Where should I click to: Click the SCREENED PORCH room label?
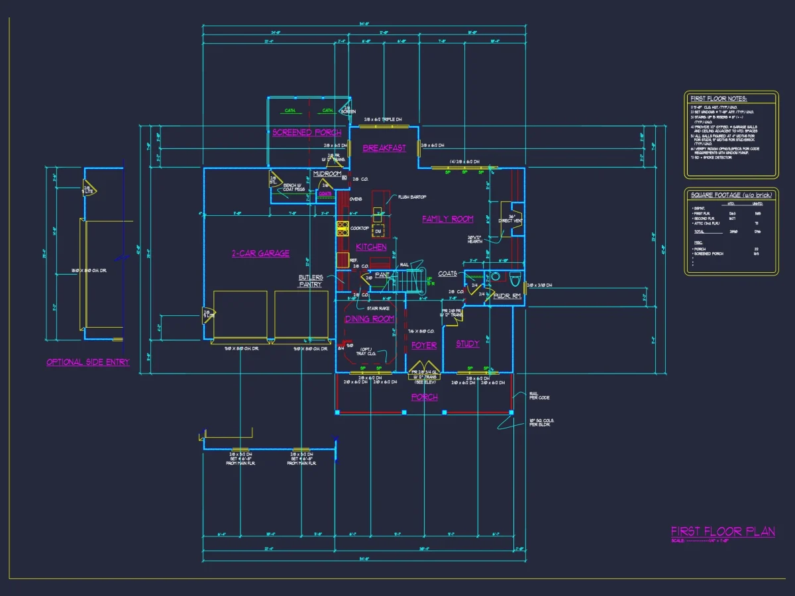pyautogui.click(x=307, y=132)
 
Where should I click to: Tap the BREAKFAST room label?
pyautogui.click(x=384, y=148)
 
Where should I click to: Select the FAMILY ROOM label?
pyautogui.click(x=448, y=219)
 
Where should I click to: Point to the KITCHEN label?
pyautogui.click(x=371, y=247)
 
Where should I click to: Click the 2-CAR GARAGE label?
pyautogui.click(x=260, y=254)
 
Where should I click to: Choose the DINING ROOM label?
pyautogui.click(x=369, y=319)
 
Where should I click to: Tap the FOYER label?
pyautogui.click(x=424, y=346)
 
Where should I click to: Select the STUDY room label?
pyautogui.click(x=468, y=344)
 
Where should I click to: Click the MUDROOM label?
pyautogui.click(x=327, y=174)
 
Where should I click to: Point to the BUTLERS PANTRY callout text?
pyautogui.click(x=310, y=281)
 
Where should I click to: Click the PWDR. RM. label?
pyautogui.click(x=507, y=297)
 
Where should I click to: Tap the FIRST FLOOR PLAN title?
pyautogui.click(x=723, y=532)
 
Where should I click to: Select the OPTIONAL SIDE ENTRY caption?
pyautogui.click(x=88, y=362)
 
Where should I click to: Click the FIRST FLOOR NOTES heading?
pyautogui.click(x=718, y=99)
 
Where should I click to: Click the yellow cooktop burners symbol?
pyautogui.click(x=343, y=228)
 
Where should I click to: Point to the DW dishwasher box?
pyautogui.click(x=378, y=231)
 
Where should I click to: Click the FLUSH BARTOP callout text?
pyautogui.click(x=412, y=197)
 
